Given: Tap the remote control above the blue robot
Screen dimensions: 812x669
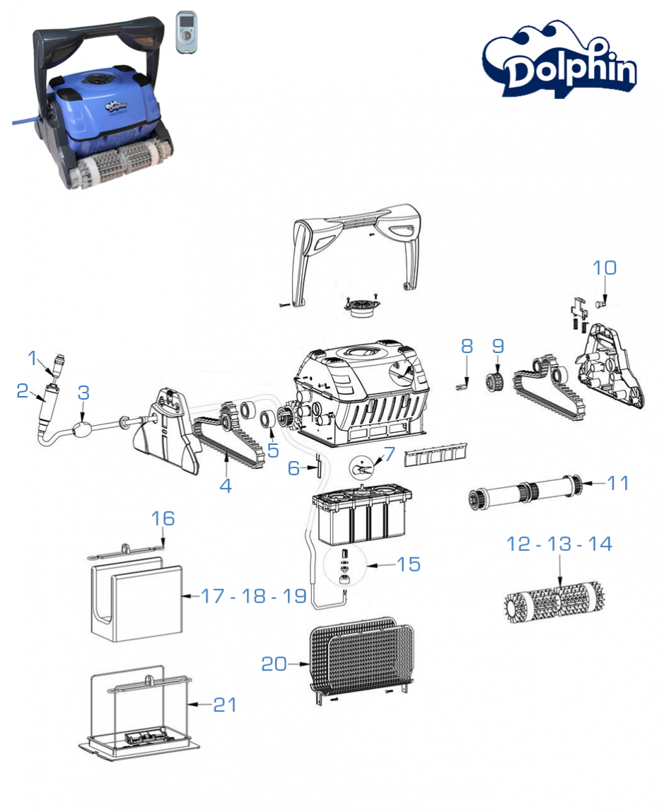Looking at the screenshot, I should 187,30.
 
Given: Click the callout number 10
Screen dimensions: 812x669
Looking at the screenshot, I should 605,268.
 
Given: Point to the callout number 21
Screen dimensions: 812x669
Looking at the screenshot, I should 224,704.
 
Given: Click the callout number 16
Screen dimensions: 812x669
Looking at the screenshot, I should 163,518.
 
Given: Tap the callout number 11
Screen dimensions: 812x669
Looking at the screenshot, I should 617,483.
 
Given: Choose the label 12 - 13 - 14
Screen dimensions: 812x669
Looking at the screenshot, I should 559,544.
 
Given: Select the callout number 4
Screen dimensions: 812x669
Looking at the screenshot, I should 226,486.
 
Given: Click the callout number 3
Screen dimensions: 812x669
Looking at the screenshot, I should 83,394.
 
